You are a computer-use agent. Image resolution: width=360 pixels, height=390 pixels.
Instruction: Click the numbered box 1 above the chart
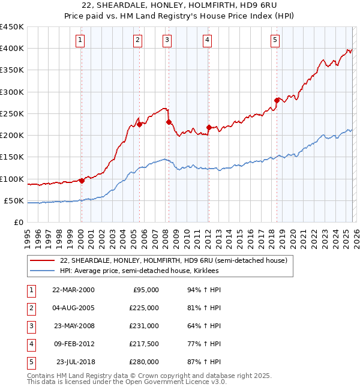[80, 40]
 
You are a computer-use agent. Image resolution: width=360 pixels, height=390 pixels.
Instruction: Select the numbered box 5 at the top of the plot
[275, 40]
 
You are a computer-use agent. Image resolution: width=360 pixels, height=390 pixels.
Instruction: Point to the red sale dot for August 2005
[139, 124]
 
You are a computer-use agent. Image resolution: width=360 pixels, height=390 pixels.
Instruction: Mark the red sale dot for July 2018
[277, 100]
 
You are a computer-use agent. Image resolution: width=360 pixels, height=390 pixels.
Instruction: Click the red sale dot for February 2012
[208, 127]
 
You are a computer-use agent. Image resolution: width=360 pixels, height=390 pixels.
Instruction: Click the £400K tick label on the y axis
[12, 49]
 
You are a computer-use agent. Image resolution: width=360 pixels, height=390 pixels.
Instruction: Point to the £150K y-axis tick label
[12, 157]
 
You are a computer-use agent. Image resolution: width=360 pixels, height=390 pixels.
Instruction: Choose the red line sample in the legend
[43, 261]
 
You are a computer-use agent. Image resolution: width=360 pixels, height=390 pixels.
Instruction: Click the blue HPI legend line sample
[43, 271]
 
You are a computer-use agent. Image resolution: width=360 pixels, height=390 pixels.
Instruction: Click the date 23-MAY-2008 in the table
[73, 326]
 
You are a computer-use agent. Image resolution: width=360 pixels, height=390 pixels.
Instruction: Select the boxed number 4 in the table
[31, 344]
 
